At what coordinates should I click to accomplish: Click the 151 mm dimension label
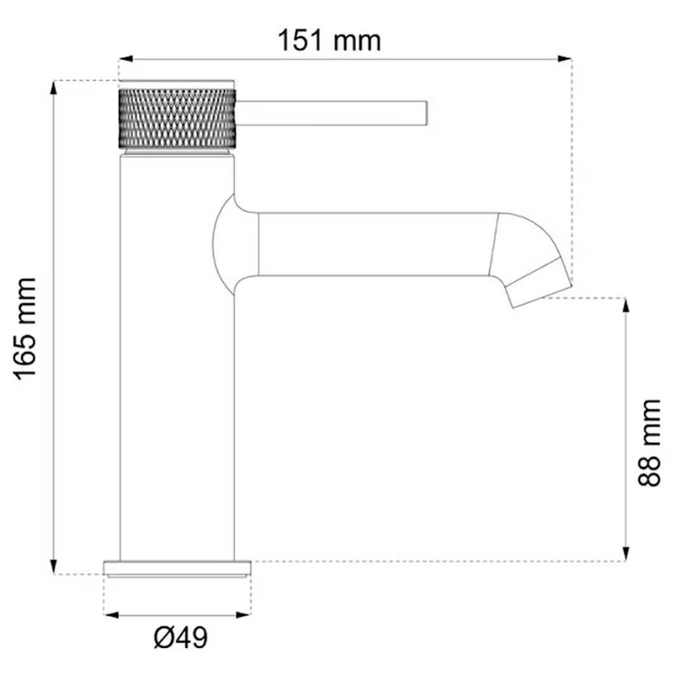click(329, 40)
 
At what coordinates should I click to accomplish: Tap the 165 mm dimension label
click(25, 329)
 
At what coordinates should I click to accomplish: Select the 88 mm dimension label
click(649, 443)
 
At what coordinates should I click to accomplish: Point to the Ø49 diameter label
click(181, 637)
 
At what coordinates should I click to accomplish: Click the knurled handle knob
click(177, 119)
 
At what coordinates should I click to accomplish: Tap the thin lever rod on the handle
click(332, 113)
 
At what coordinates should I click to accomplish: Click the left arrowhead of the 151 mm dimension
click(126, 59)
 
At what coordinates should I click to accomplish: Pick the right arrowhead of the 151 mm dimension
click(565, 59)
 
